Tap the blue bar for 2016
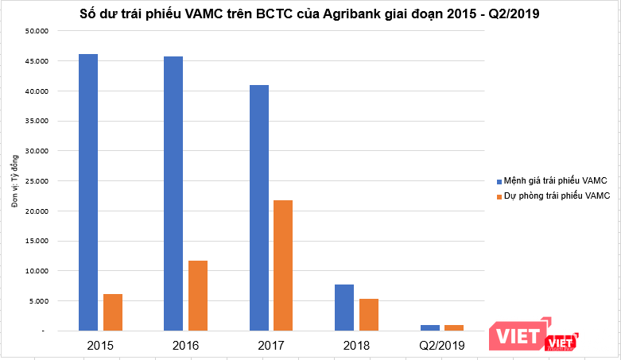[x=173, y=193]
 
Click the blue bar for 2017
[x=258, y=207]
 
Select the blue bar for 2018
[x=343, y=308]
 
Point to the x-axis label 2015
[x=100, y=346]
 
